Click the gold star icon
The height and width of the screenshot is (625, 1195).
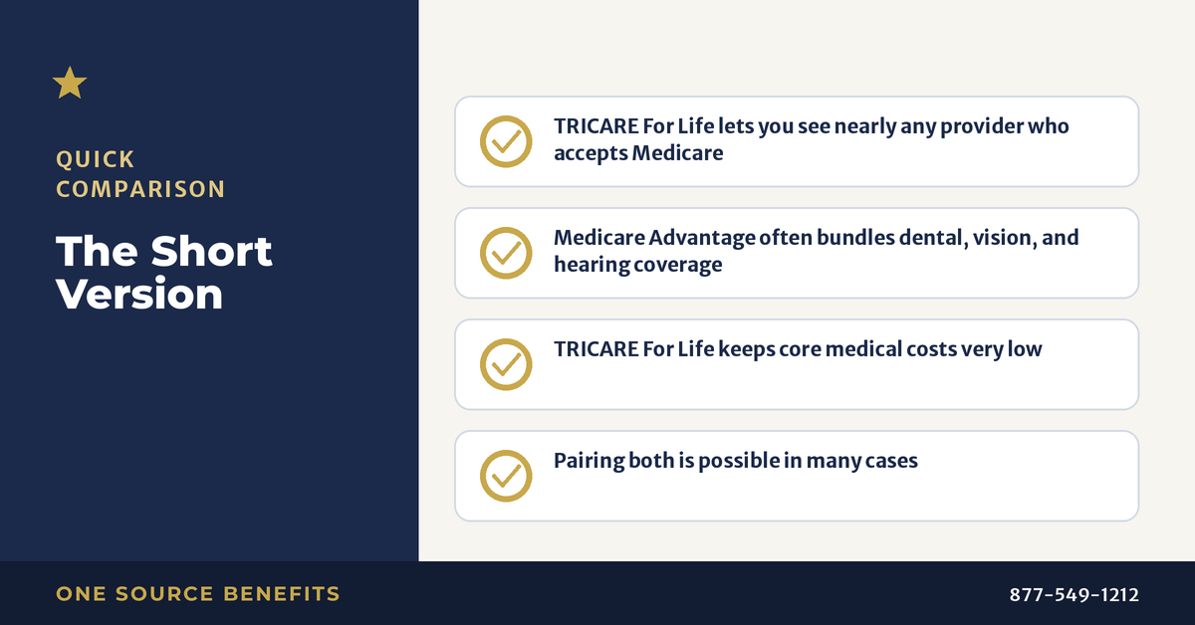click(70, 84)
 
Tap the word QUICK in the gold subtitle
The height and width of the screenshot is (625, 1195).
click(96, 159)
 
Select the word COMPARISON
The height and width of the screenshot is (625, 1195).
click(140, 189)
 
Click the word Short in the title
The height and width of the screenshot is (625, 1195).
click(211, 251)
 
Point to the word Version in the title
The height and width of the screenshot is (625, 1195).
click(139, 294)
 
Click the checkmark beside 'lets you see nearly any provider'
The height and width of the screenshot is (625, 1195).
click(506, 142)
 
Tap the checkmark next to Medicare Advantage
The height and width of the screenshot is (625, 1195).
click(506, 254)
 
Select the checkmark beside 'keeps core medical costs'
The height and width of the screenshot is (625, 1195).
click(506, 365)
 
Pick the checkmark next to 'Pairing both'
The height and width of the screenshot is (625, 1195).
click(506, 477)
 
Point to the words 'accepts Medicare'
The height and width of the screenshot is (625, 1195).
click(638, 153)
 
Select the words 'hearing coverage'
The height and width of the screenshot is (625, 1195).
click(638, 265)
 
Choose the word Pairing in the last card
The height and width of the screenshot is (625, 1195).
click(589, 461)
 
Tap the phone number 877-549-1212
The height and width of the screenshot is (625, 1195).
click(1074, 594)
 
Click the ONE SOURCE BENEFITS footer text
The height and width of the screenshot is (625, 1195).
click(198, 594)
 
